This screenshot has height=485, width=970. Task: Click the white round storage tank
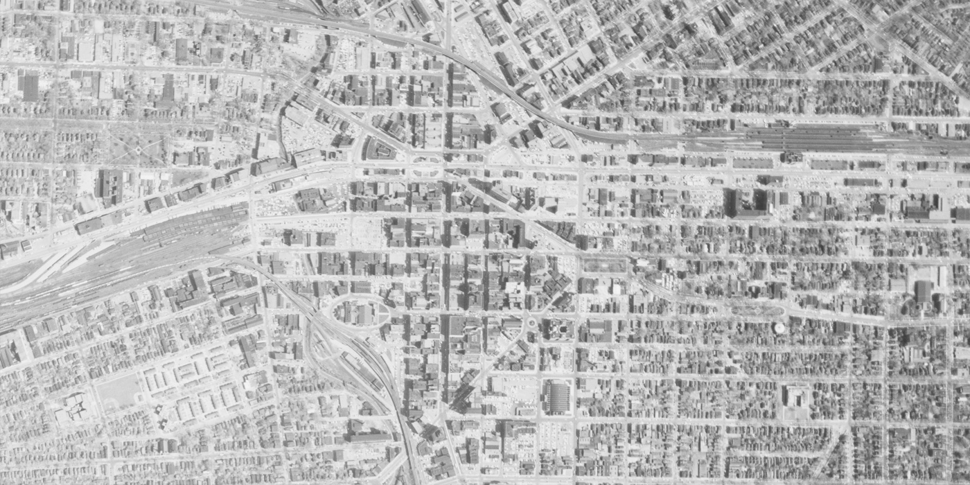tap(779, 327)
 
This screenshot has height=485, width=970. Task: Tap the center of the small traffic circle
tap(531, 322)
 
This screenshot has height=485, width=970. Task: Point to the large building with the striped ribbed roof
tap(557, 397)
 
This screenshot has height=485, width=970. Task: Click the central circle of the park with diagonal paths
tap(138, 150)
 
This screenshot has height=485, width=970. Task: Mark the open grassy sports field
tap(118, 390)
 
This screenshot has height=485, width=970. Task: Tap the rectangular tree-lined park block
tap(604, 265)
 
